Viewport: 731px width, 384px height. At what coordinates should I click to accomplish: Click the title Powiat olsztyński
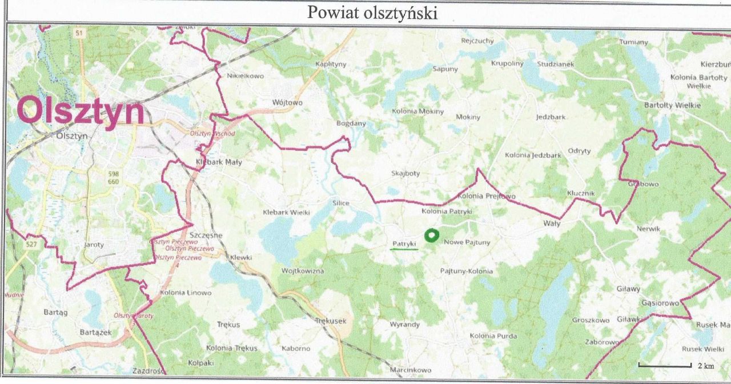372,12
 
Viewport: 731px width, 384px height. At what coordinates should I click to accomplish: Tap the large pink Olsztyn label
81,111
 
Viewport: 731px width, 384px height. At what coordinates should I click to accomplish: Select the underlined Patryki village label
404,243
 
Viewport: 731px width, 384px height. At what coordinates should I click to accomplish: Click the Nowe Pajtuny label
467,242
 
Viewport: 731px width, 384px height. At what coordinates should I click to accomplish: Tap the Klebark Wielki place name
286,213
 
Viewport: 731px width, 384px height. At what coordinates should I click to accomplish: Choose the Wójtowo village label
287,103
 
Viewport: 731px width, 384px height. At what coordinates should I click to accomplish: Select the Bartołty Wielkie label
672,105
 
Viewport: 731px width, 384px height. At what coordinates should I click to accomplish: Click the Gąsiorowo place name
660,302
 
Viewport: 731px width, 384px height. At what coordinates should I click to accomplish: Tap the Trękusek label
331,321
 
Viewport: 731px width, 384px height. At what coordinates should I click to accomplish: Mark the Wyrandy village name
404,325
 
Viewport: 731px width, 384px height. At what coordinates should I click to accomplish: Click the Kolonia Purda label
493,336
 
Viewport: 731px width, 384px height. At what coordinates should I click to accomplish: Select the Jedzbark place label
551,117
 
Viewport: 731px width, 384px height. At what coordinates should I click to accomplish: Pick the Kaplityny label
331,64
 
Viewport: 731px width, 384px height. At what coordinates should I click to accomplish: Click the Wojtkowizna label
303,270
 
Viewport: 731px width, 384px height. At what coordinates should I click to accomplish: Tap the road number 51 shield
79,34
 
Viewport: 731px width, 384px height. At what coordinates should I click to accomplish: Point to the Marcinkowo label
410,370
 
